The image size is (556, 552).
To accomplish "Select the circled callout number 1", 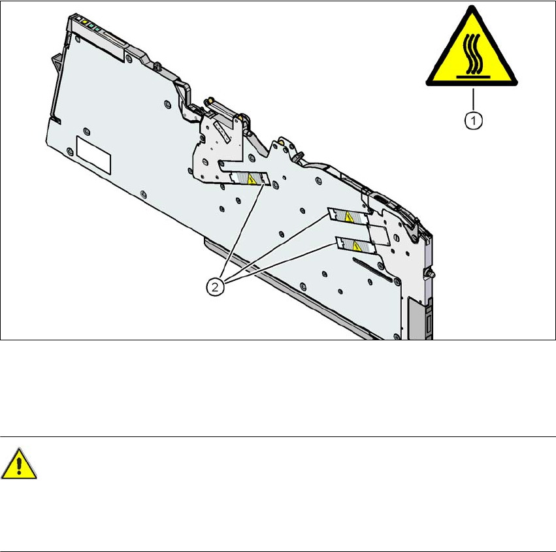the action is coord(473,120).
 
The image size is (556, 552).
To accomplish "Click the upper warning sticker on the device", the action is coord(248,178).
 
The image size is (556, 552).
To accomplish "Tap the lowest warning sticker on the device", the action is coord(353,246).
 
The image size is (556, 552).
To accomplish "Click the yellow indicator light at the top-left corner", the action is coord(84,22).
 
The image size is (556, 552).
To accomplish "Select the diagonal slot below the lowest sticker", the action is coord(372,270).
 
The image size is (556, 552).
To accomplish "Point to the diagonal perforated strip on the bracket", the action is coord(223,134).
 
